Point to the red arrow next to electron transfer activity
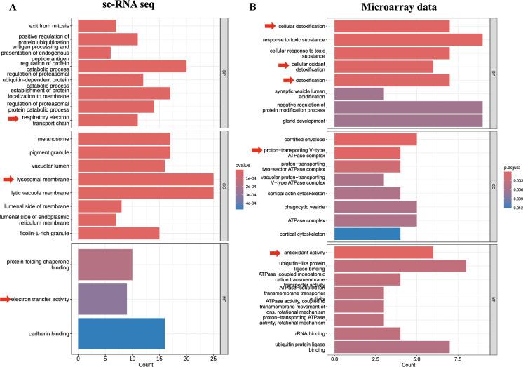[x=6, y=300]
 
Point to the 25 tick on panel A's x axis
[x=213, y=357]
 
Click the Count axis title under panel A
[x=146, y=365]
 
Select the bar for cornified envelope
[x=375, y=140]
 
